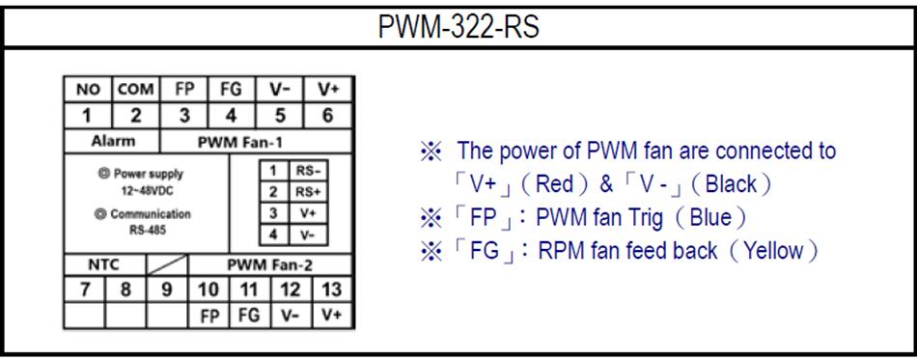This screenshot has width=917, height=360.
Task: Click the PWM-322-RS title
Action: pos(458,27)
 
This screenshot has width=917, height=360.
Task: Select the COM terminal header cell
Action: pos(136,90)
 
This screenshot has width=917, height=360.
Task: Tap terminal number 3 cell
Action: pos(185,115)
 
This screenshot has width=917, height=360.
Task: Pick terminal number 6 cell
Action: pos(328,115)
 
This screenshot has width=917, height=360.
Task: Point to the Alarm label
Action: pos(113,141)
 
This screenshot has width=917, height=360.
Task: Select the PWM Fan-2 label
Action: pos(263,263)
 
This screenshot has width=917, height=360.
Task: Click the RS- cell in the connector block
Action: pos(308,170)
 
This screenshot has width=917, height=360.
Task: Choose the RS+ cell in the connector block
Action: pos(308,191)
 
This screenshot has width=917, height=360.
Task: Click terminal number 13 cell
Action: pos(331,289)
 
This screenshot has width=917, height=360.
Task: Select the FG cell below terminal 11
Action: pos(248,315)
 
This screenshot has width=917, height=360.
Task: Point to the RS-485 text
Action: pos(148,231)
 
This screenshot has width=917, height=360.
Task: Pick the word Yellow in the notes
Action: pos(775,251)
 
